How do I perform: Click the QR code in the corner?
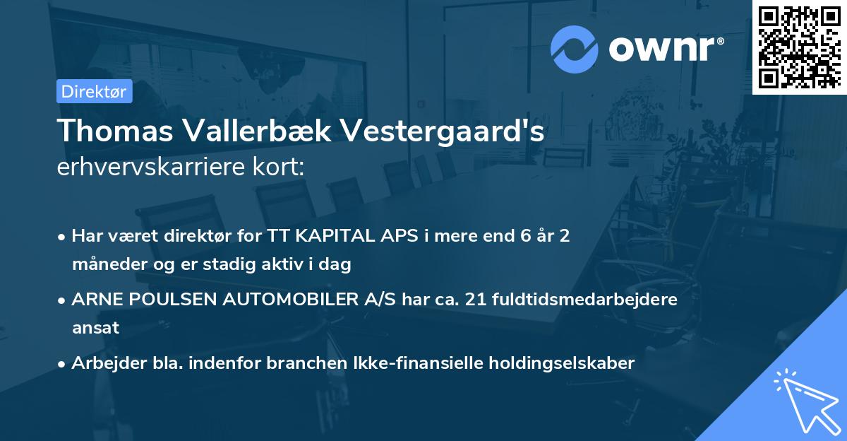(x=799, y=47)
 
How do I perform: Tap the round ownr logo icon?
(x=575, y=49)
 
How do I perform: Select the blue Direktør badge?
(x=95, y=91)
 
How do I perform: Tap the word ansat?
(x=95, y=327)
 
